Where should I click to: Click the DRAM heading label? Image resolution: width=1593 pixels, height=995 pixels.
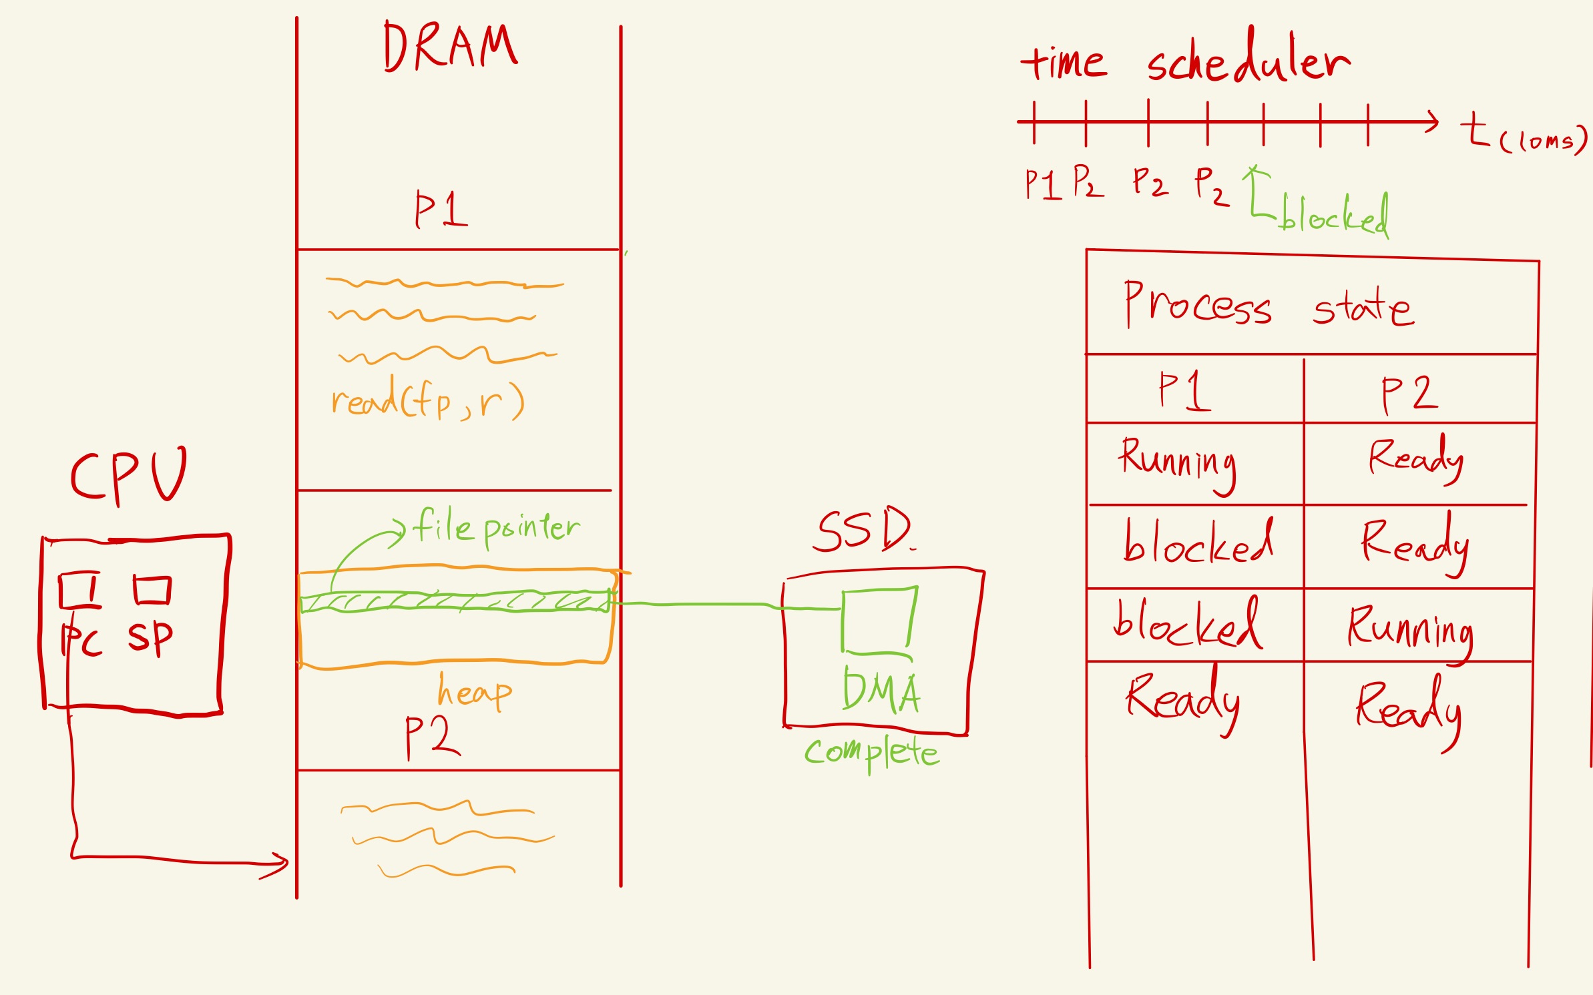[450, 47]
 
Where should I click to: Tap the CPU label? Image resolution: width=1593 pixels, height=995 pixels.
[128, 475]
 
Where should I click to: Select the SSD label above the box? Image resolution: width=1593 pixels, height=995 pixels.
[863, 531]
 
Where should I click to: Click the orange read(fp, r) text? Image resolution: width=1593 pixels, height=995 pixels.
[427, 400]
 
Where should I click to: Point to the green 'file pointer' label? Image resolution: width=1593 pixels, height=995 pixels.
[495, 527]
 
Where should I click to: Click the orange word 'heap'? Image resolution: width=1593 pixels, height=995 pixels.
[474, 692]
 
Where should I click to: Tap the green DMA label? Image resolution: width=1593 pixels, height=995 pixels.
[881, 691]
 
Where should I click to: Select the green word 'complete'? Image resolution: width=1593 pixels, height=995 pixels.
[871, 753]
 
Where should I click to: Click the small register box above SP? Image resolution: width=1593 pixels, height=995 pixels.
[152, 590]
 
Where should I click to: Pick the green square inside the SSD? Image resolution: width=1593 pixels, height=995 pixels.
[878, 619]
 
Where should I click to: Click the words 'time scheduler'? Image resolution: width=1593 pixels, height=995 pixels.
[1185, 61]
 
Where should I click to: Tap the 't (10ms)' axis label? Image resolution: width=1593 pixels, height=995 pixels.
[1522, 133]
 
